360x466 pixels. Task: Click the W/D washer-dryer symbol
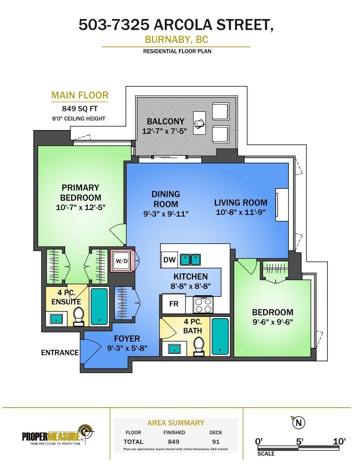[122, 261]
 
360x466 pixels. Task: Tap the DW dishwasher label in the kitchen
[169, 259]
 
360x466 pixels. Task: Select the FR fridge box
[174, 304]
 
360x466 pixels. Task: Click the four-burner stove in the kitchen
[203, 305]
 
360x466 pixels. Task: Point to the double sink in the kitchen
[191, 259]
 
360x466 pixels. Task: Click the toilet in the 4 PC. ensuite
[79, 316]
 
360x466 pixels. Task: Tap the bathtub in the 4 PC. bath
[220, 336]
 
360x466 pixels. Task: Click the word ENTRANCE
[60, 352]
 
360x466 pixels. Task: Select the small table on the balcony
[199, 123]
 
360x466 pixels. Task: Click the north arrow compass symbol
[299, 422]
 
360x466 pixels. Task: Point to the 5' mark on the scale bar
[299, 441]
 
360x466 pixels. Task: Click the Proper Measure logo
[58, 435]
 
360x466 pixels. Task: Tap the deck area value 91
[216, 441]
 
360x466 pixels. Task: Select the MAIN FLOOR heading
[80, 95]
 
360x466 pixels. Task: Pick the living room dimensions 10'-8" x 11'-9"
[241, 212]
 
